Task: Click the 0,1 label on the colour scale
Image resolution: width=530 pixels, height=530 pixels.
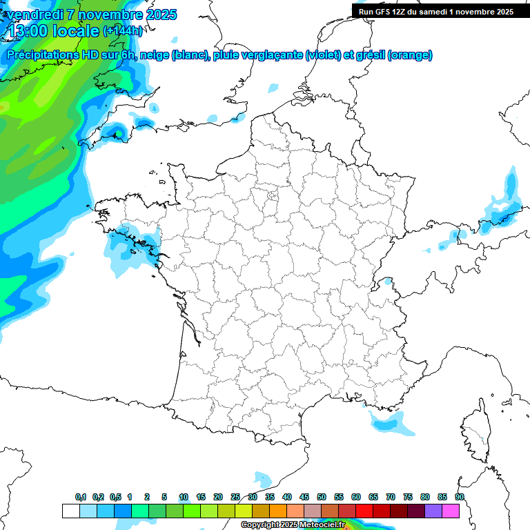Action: point(80,497)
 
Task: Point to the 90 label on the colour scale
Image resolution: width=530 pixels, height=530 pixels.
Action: point(460,497)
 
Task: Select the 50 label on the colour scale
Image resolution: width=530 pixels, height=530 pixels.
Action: point(322,497)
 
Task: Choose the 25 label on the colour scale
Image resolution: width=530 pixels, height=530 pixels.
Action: point(235,497)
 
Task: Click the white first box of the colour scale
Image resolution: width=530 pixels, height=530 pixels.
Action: point(70,511)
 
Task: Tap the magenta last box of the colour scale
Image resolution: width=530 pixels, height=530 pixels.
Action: point(451,511)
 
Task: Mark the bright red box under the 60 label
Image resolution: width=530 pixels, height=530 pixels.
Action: point(364,511)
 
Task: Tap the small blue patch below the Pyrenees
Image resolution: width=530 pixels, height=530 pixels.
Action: point(262,478)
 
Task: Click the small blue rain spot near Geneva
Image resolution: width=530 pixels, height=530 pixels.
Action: point(388,282)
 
